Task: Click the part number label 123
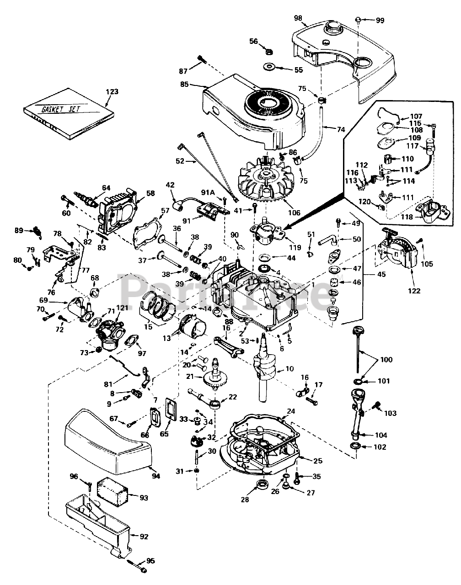[x=112, y=92]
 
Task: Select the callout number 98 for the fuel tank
[x=298, y=18]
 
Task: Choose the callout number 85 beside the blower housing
[x=185, y=85]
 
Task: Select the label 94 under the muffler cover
[x=156, y=476]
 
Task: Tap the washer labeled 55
[x=269, y=67]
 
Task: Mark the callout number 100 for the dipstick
[x=386, y=360]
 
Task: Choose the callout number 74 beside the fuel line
[x=341, y=129]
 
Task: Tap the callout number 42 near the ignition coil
[x=170, y=185]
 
